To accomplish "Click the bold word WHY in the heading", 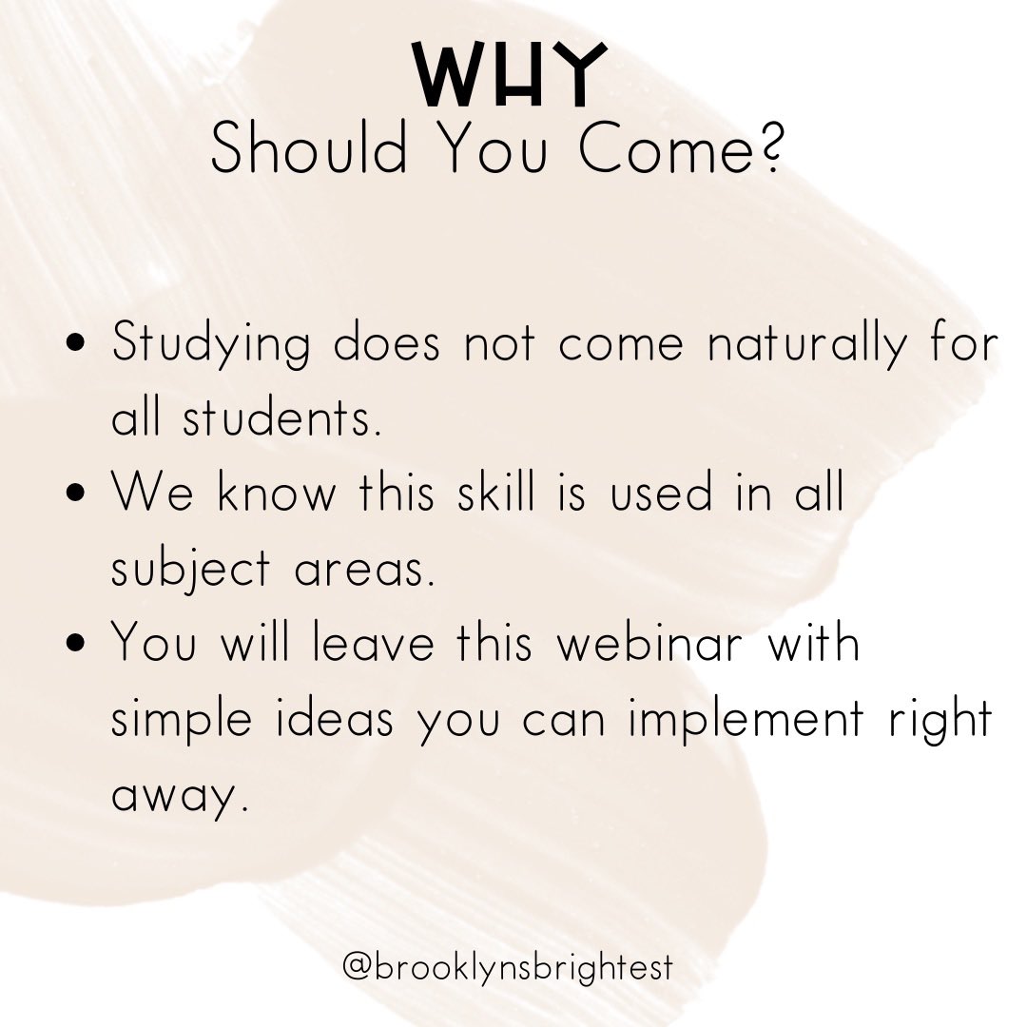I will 513,75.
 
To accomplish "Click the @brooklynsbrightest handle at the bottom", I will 508,968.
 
